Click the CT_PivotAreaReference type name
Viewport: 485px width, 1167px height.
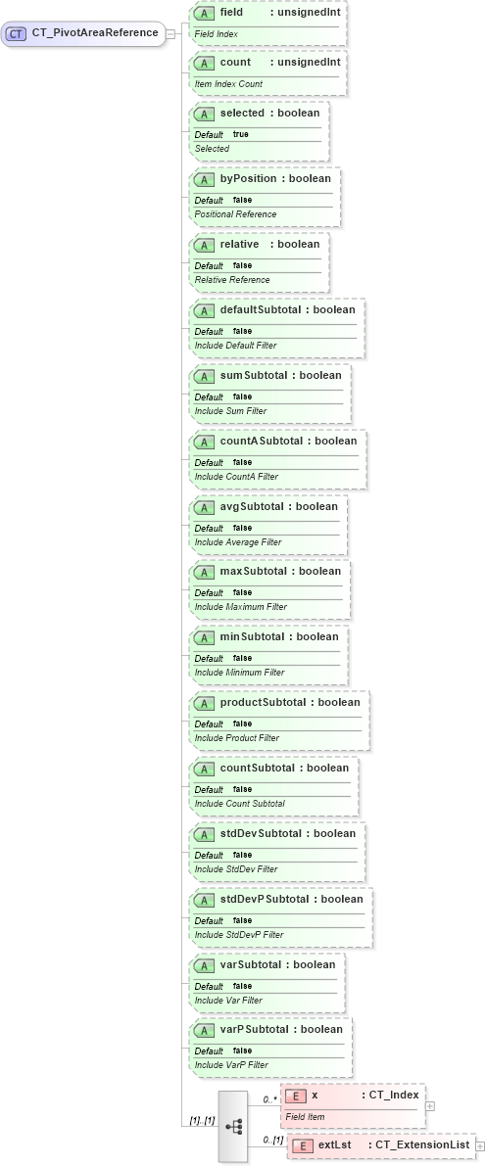tap(95, 33)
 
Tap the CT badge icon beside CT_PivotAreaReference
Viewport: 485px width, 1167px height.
tap(16, 33)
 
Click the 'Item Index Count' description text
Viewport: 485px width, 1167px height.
tap(228, 83)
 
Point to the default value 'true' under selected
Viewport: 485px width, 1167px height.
tap(240, 134)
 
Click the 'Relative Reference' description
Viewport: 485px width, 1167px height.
tap(232, 280)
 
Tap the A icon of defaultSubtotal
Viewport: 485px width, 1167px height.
tap(205, 310)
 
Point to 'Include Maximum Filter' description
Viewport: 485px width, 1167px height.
tap(241, 607)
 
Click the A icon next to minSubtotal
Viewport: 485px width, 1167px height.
tap(205, 637)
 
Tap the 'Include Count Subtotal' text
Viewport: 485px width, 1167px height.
tap(240, 804)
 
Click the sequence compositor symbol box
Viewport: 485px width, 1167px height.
tap(234, 1126)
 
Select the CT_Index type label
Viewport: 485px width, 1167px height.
tap(392, 1095)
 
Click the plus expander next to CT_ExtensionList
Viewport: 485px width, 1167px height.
tap(480, 1145)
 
